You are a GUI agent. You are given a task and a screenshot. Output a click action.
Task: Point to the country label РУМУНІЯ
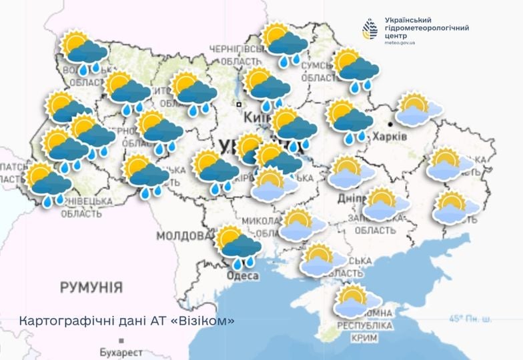(x=91, y=287)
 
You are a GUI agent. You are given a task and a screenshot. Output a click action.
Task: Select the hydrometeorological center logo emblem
(x=370, y=29)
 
